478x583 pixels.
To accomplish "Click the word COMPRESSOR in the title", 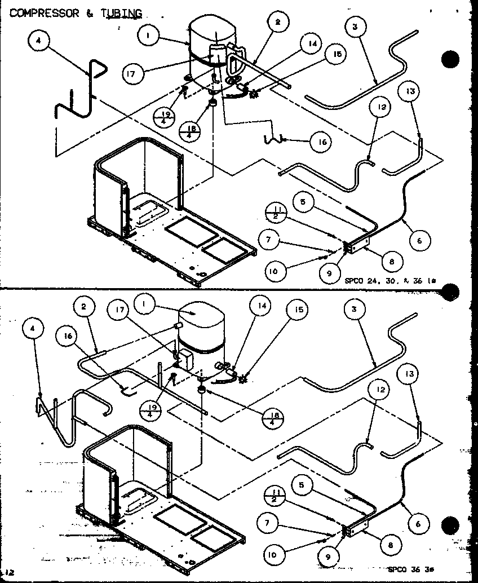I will [45, 14].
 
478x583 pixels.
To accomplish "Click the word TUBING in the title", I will [121, 14].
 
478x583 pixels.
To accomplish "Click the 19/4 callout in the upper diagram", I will [165, 117].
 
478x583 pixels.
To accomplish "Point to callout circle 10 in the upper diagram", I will [273, 271].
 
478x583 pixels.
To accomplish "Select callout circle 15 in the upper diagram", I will [337, 54].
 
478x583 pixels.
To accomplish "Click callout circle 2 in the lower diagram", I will [85, 307].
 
